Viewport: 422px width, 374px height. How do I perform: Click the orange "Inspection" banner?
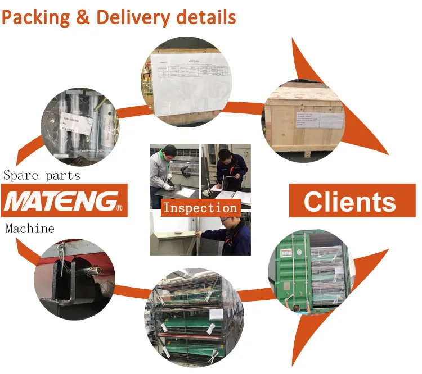tap(200, 208)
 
